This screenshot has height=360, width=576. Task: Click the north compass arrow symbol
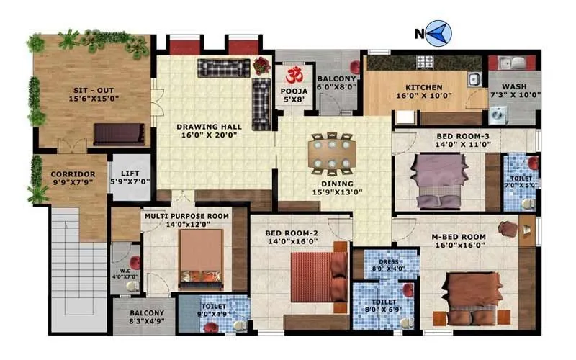(438, 32)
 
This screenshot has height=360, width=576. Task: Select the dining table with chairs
(331, 154)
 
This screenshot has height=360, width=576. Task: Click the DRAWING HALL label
(209, 127)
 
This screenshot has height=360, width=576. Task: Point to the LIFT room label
(130, 174)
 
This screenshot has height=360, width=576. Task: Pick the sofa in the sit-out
(119, 134)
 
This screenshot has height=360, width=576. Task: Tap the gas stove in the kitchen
(426, 61)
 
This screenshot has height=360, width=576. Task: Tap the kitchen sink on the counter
(474, 79)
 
